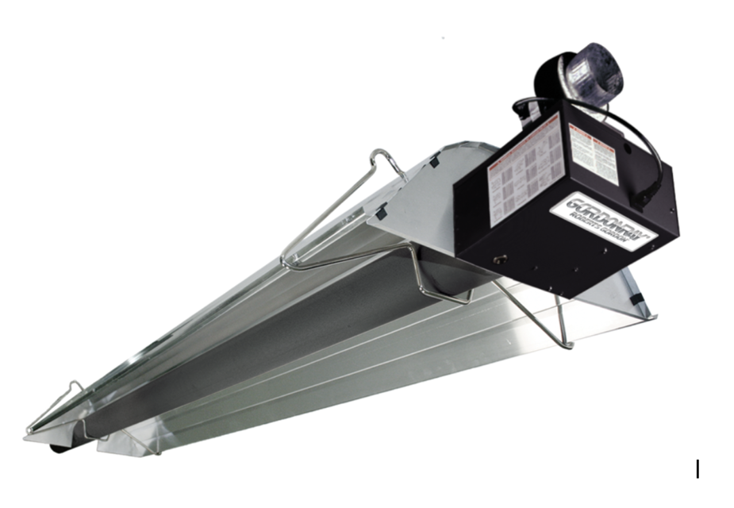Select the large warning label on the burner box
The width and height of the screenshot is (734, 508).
click(x=525, y=169)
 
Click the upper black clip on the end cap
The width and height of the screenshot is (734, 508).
click(x=433, y=160)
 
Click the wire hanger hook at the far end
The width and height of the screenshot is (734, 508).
click(x=75, y=387)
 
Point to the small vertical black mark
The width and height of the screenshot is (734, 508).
click(x=697, y=469)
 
